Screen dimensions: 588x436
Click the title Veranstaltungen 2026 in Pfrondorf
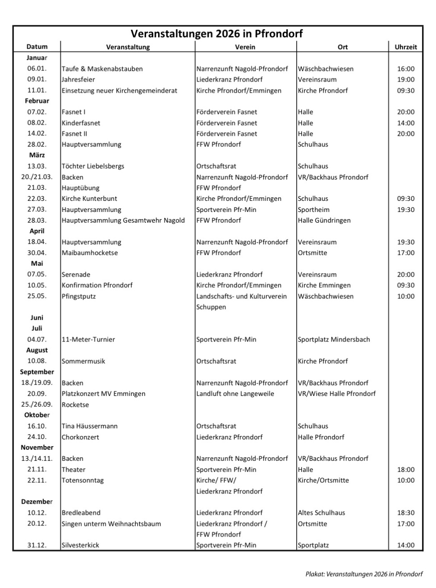click(217, 34)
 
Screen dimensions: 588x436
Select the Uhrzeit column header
click(405, 47)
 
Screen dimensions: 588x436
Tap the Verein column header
click(245, 47)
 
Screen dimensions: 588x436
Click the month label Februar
click(37, 101)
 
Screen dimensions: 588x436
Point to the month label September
click(37, 372)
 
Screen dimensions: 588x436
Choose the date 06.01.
click(37, 69)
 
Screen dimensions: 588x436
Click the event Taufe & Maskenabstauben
click(102, 69)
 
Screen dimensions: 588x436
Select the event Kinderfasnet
click(81, 123)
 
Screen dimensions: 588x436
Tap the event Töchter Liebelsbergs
click(93, 166)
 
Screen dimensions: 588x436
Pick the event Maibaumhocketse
click(90, 253)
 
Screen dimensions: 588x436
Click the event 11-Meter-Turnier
click(88, 340)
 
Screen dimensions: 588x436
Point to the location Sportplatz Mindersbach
click(334, 340)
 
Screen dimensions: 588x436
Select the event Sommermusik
click(83, 361)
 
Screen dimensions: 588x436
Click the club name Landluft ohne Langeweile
click(235, 394)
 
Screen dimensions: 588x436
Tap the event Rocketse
click(75, 405)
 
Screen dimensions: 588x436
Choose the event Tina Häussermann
click(90, 426)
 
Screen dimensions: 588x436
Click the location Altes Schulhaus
click(321, 513)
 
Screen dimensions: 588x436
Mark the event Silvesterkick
click(80, 545)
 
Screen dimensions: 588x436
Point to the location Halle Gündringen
click(324, 220)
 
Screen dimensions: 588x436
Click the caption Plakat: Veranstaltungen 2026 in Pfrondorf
click(364, 574)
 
